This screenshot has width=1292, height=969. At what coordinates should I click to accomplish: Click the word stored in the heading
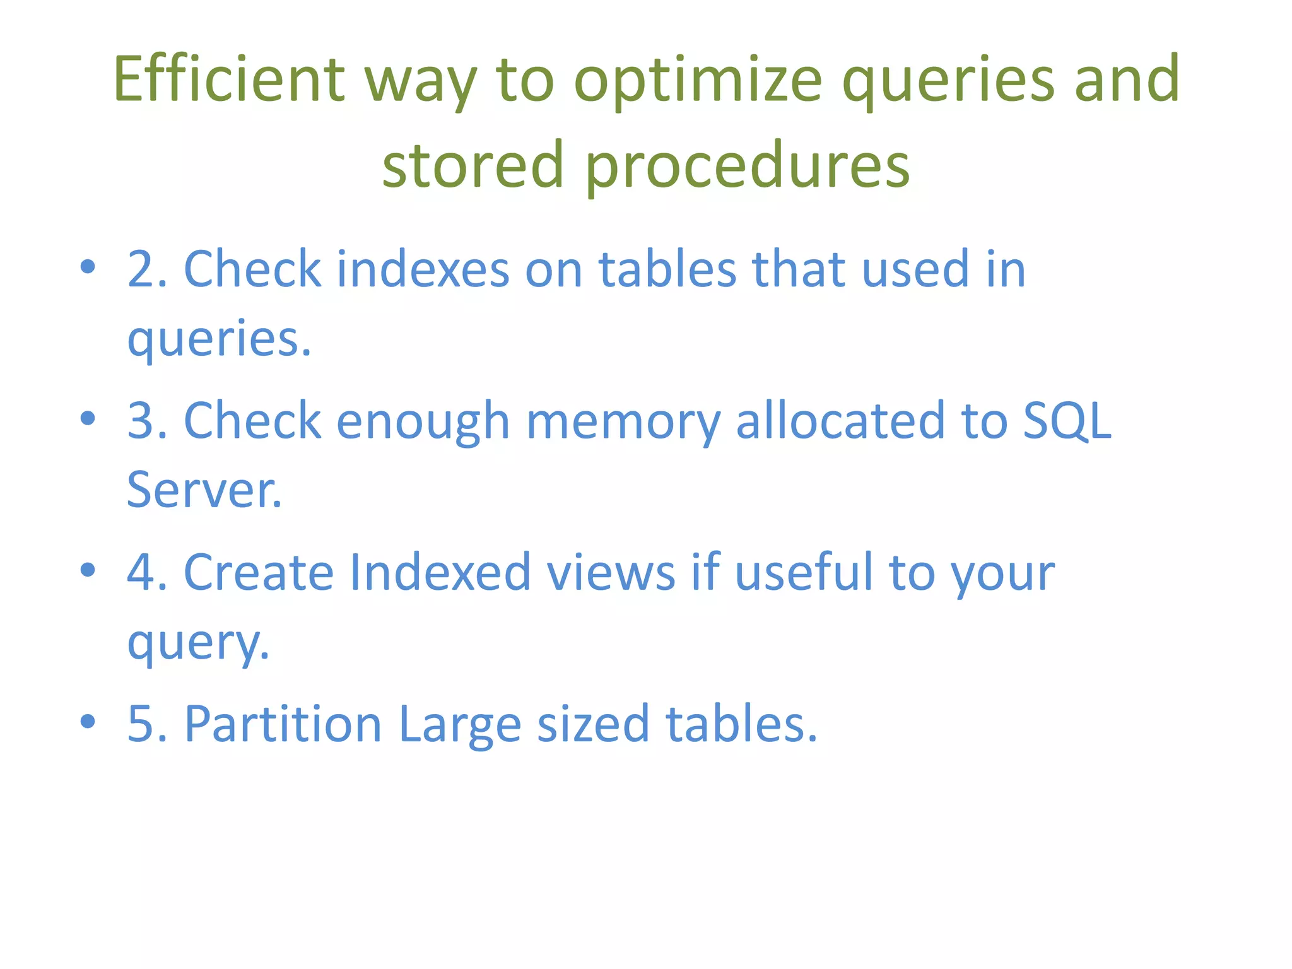tap(473, 165)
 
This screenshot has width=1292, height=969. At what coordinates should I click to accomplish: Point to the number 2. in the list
tap(147, 269)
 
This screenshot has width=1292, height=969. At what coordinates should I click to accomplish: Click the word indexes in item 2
tap(423, 269)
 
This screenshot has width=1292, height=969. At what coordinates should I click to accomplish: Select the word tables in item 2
tap(667, 269)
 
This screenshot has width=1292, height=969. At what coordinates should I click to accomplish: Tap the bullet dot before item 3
tap(88, 418)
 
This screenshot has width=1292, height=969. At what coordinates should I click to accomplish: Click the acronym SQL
tap(1067, 421)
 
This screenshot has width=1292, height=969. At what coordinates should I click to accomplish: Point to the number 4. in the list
tap(147, 572)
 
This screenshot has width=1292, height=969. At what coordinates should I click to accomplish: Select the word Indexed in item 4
tap(440, 572)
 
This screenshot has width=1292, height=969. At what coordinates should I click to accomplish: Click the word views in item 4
tap(611, 572)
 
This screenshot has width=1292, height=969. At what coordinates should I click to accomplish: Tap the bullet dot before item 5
tap(88, 721)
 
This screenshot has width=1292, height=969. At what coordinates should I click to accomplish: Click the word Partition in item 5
tap(283, 724)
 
